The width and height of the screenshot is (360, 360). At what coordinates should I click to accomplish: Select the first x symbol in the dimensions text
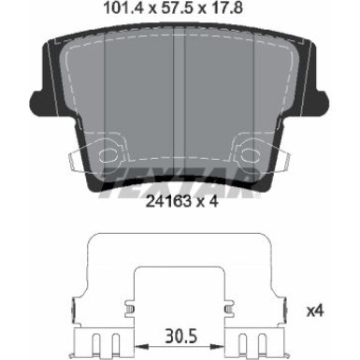pos(147,11)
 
